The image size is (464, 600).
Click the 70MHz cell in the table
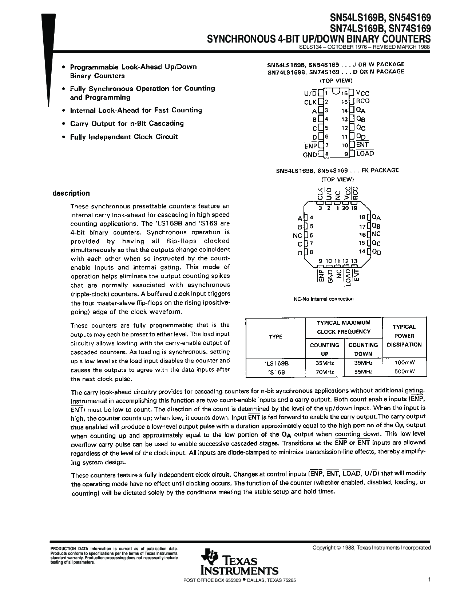click(x=324, y=372)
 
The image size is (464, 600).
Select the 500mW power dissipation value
click(x=404, y=372)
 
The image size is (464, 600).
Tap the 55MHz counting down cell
click(x=363, y=372)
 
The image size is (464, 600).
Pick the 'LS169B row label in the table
click(x=275, y=363)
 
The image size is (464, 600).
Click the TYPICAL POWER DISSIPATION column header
click(x=404, y=336)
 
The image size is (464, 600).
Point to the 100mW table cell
click(x=404, y=363)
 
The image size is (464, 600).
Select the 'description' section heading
click(x=71, y=193)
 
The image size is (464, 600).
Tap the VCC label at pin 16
click(x=362, y=93)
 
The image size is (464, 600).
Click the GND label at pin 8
click(x=310, y=155)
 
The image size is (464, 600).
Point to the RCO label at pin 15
click(x=363, y=101)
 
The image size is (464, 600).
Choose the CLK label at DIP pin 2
click(x=310, y=102)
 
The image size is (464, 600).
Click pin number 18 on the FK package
click(x=362, y=217)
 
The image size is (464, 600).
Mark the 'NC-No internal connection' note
click(x=324, y=299)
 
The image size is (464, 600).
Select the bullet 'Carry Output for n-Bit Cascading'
click(x=127, y=123)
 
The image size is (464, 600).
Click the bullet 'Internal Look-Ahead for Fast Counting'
click(x=136, y=110)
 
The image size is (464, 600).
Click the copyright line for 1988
click(x=372, y=548)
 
